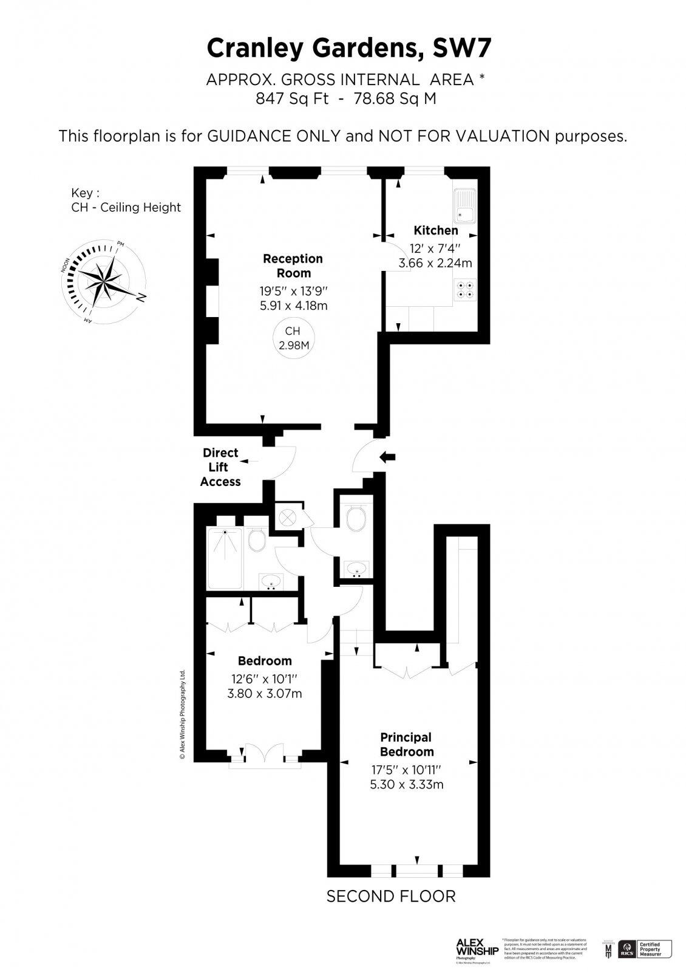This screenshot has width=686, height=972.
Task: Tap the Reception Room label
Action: coord(293,265)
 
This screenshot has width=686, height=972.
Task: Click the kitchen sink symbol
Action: coord(466,207)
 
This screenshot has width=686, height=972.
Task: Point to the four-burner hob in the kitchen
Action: coord(466,290)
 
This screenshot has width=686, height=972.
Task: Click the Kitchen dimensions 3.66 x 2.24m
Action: coord(435,263)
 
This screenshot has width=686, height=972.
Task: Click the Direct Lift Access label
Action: coord(220,467)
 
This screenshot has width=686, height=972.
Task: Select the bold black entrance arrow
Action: coord(387,457)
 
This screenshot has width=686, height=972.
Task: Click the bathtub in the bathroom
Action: coord(225,558)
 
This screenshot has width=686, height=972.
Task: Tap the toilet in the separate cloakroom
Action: coord(355,519)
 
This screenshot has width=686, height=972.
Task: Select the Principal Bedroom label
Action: coord(406,744)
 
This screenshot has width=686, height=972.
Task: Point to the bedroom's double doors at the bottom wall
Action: coord(265,754)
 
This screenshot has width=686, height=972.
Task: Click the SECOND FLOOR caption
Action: coord(390,896)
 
